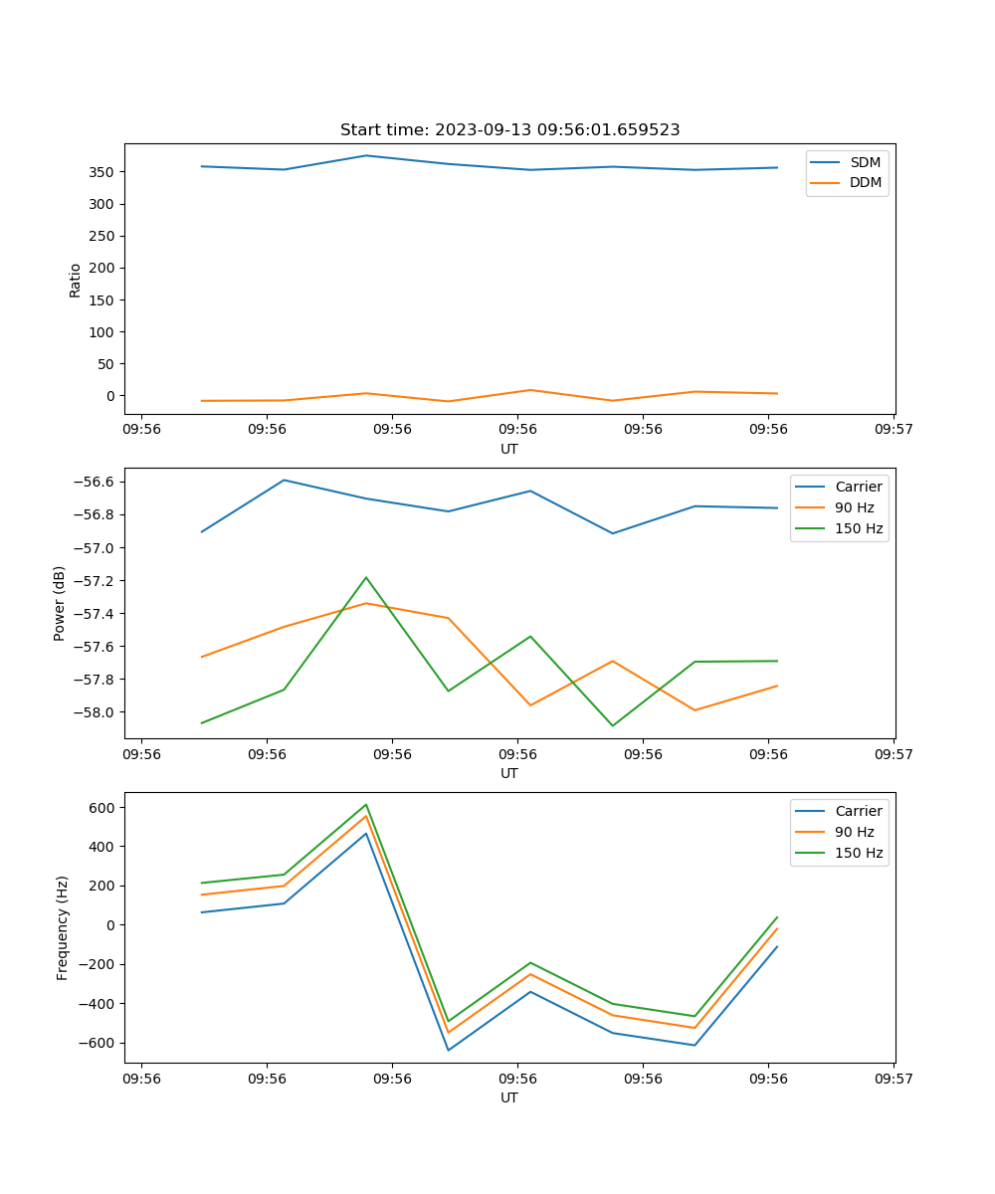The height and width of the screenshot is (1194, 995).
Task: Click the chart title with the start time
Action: [x=509, y=130]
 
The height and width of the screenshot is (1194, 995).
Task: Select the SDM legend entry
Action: [x=865, y=162]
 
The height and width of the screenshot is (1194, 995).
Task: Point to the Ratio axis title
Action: [x=76, y=280]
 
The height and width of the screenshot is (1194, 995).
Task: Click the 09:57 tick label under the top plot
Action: [x=894, y=430]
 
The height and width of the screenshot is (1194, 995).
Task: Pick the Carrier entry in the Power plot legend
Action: [x=858, y=487]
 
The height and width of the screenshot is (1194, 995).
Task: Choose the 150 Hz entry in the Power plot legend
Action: [x=858, y=528]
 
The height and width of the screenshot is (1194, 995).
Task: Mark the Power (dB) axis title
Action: [x=60, y=603]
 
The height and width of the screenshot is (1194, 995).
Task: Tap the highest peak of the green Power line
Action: [x=366, y=577]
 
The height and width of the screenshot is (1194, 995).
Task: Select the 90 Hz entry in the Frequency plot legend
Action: [x=854, y=832]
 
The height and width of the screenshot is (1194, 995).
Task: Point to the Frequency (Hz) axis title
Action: [x=62, y=927]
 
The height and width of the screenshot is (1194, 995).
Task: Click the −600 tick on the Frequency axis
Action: [x=97, y=1043]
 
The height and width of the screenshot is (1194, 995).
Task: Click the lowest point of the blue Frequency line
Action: [x=448, y=1050]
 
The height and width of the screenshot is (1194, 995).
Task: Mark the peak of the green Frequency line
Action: [x=366, y=804]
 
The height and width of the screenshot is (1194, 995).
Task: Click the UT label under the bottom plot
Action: [x=509, y=1097]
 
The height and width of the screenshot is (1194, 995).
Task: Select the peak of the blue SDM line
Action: [x=366, y=155]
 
